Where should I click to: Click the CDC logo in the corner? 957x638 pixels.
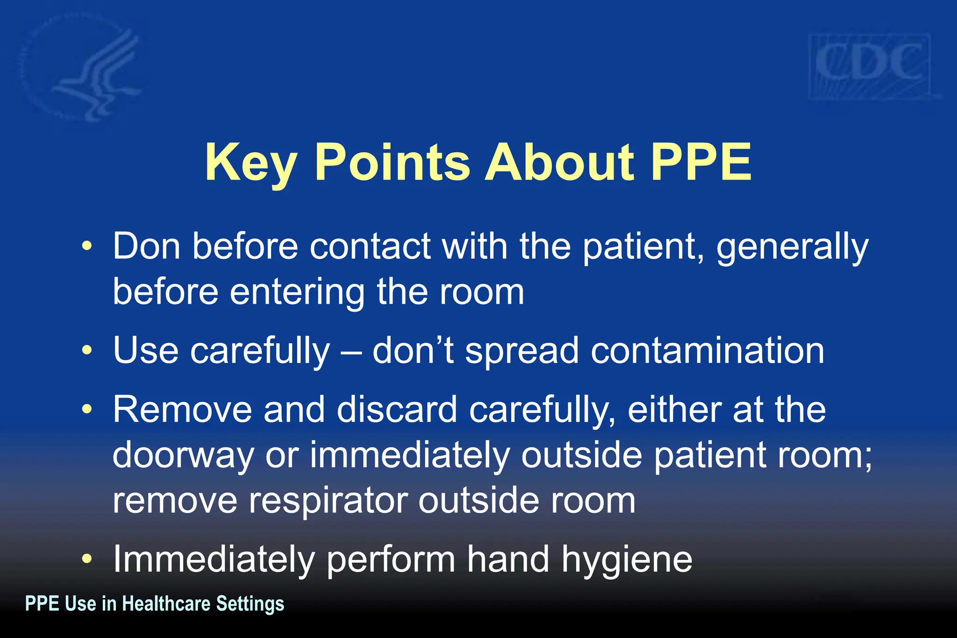pos(869,66)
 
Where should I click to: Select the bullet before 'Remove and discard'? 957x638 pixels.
pos(87,409)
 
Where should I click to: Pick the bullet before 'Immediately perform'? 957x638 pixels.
pos(87,559)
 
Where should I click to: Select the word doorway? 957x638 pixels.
pos(183,456)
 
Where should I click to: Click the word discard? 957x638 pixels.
pos(397,409)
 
